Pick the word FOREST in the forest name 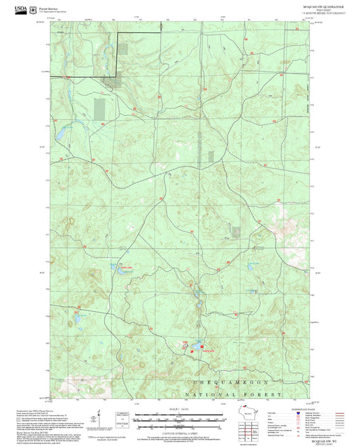click(x=265, y=393)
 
